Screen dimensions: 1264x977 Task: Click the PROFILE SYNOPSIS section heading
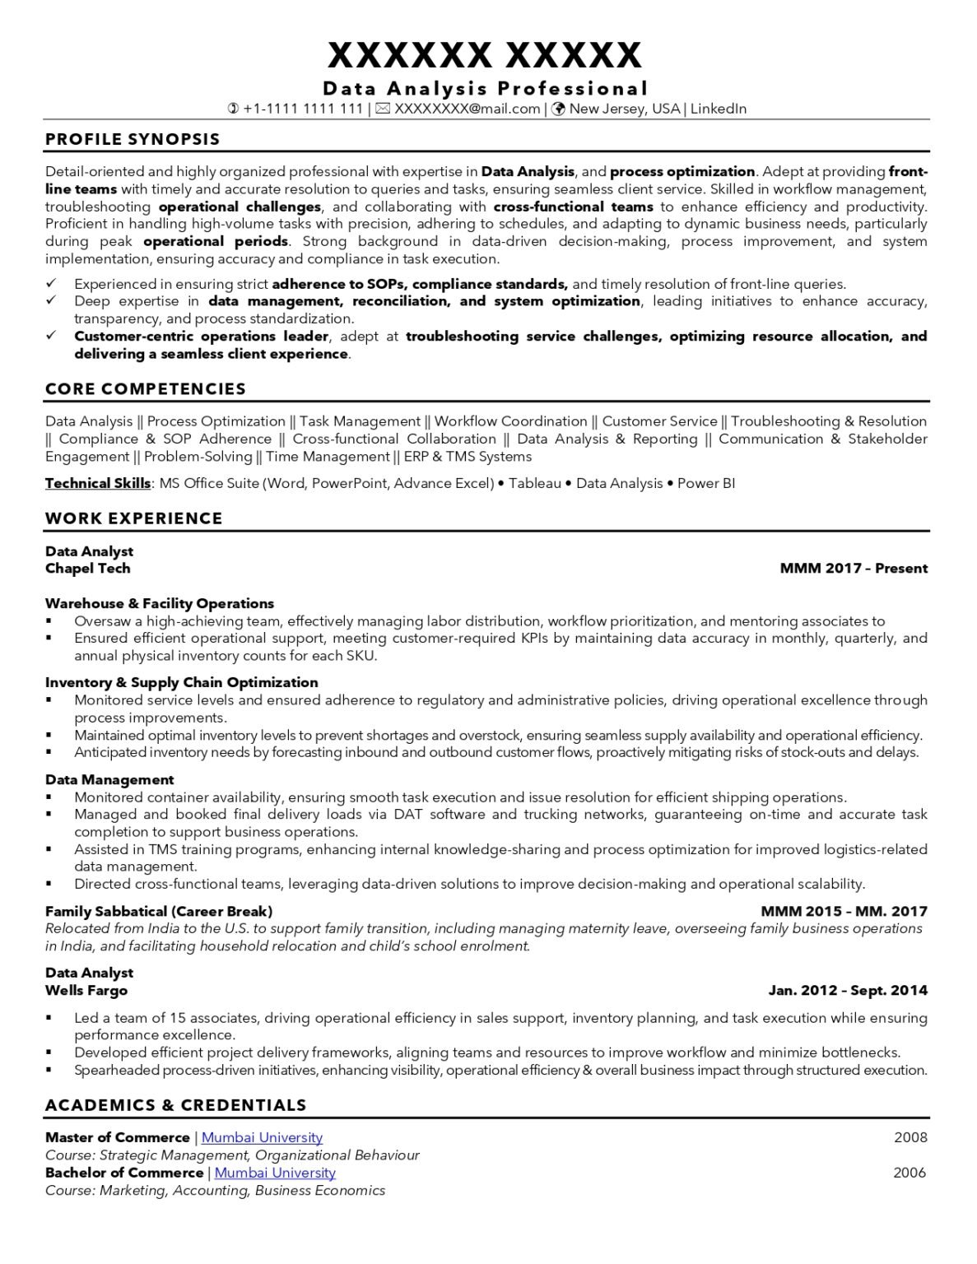tap(133, 139)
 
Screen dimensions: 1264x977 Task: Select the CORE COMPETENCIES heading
tap(146, 388)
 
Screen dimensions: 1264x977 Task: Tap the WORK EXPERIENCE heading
tap(133, 518)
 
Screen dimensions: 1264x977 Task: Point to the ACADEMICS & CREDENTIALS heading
tap(175, 1105)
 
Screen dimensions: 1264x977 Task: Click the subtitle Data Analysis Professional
tap(486, 88)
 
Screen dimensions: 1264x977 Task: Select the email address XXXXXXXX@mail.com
tap(467, 109)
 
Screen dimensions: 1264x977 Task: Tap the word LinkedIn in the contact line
tap(719, 109)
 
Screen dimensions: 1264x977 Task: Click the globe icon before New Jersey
tap(558, 109)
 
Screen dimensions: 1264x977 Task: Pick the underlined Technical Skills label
tap(98, 483)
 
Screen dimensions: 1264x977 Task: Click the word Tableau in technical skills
tap(534, 483)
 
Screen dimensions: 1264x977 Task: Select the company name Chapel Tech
tap(87, 569)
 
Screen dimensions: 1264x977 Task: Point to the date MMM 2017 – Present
tap(854, 569)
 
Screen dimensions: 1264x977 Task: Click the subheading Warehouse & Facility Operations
tap(160, 603)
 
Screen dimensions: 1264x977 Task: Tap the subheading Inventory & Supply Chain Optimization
tap(181, 682)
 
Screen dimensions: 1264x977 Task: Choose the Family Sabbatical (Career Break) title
tap(159, 911)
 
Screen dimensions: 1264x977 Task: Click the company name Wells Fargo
tap(86, 990)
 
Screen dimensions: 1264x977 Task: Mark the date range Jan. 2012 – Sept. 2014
tap(848, 990)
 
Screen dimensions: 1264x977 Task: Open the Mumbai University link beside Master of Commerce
tap(262, 1137)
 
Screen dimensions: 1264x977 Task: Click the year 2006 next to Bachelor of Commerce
tap(910, 1173)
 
